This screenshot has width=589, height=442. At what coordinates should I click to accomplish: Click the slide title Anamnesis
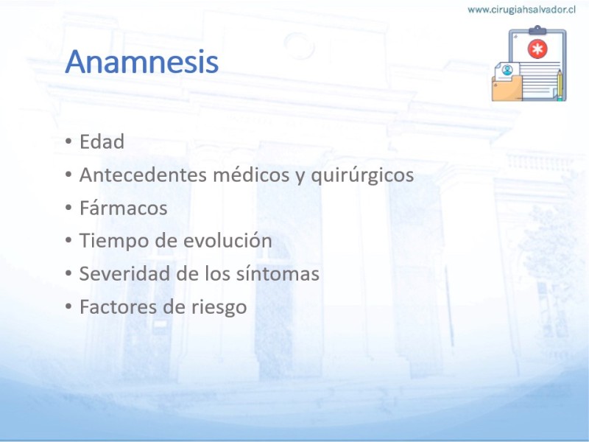[x=141, y=61]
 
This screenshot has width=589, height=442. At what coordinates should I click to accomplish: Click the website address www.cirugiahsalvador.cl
[x=521, y=10]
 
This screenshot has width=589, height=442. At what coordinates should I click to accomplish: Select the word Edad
[x=102, y=141]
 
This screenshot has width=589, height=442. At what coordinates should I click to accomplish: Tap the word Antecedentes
[x=143, y=175]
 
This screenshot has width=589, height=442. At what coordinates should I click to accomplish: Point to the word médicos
[x=251, y=175]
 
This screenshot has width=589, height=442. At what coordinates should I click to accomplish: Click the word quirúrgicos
[x=362, y=175]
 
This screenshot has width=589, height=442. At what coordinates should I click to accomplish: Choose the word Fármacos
[x=123, y=208]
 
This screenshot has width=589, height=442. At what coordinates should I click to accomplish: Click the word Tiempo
[x=113, y=242]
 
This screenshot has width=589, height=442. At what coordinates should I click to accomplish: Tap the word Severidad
[x=124, y=273]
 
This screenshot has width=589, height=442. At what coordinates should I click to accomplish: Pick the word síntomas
[x=278, y=273]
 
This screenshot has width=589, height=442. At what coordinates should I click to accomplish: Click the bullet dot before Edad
[x=68, y=142]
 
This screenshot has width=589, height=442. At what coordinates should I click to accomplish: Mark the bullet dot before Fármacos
[x=68, y=208]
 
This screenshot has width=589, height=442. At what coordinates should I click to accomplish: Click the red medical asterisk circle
[x=537, y=49]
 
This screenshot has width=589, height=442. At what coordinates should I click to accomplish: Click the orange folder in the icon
[x=507, y=88]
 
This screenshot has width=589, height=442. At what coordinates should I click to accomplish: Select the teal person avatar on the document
[x=507, y=70]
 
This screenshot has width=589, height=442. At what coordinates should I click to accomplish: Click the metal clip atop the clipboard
[x=537, y=30]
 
